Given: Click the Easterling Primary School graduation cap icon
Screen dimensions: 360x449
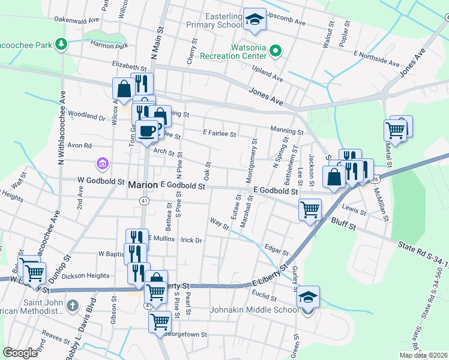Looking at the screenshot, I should pos(255,19).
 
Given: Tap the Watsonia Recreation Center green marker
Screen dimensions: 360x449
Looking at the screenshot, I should pos(276,50).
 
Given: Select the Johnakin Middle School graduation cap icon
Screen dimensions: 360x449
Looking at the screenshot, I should pos(307,297).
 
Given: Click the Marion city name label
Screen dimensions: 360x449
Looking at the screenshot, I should pos(143,186).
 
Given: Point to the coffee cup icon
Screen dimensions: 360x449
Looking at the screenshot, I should pos(146,130).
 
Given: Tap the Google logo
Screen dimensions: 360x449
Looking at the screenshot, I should pos(20,353).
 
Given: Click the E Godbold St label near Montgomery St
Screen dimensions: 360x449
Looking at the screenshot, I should pos(276,191).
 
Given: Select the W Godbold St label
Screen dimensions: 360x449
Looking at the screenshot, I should pos(101,181).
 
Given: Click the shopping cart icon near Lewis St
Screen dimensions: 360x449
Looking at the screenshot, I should pos(310,209).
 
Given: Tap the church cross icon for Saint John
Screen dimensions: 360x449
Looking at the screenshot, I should pos(72,305).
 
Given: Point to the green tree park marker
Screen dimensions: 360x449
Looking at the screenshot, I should pos(61,44).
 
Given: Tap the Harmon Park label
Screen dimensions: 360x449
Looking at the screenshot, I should pos(109,45).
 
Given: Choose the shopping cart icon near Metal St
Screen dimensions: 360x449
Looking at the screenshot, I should pos(395,129).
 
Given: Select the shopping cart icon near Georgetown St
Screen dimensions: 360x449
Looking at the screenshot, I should pos(160,322).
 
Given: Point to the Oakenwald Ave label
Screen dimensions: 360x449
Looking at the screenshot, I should pos(77,19).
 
